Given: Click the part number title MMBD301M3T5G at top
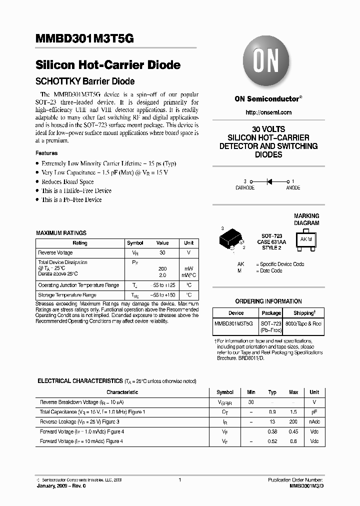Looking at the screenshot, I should (84, 39).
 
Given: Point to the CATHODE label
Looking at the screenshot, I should (245, 188).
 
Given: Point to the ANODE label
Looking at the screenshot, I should (293, 188).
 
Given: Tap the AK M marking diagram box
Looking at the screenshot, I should (306, 239).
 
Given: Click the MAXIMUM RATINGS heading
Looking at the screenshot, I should (61, 233).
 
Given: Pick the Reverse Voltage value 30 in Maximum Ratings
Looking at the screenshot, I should (162, 253).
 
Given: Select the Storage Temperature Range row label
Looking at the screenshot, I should (67, 295).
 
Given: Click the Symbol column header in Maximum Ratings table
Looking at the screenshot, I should (135, 243).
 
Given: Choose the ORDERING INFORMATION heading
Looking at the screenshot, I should (268, 301).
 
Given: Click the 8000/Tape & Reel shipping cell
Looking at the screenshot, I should (303, 324).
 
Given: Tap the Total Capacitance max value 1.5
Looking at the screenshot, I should (293, 412).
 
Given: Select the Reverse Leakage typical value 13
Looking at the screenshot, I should (272, 422).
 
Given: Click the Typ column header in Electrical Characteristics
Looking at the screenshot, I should (272, 392).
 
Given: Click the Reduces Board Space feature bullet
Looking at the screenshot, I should (67, 182).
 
